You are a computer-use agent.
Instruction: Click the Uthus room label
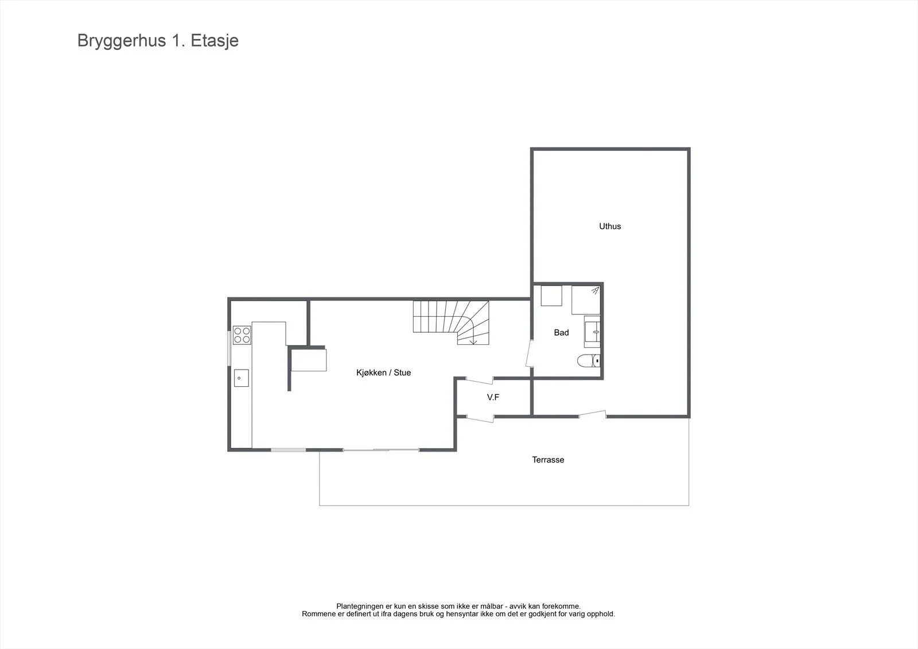point(610,226)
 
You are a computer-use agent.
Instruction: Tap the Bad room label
point(561,332)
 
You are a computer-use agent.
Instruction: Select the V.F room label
point(493,397)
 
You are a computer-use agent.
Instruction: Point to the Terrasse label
point(548,460)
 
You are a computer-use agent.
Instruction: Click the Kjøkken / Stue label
point(384,372)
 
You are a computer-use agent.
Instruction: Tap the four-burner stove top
point(242,335)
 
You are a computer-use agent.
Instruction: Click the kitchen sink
point(242,378)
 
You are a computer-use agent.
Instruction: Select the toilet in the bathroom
point(589,361)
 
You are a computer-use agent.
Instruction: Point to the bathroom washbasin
point(593,332)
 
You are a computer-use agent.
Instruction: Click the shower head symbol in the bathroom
point(595,291)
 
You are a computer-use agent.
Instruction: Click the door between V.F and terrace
point(480,419)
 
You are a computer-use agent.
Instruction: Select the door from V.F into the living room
point(480,380)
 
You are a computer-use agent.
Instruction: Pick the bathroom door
point(529,353)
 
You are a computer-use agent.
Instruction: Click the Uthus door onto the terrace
point(593,414)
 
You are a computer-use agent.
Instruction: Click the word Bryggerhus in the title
point(122,41)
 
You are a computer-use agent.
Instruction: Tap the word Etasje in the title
point(215,41)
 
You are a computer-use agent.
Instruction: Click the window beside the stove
point(229,348)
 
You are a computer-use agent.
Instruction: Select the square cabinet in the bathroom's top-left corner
point(551,296)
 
